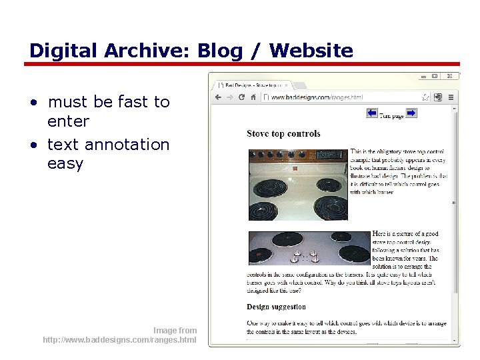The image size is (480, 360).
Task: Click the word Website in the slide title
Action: (311, 51)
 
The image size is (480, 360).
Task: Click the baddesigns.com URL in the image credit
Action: (119, 340)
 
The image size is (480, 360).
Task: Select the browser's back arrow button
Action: (218, 97)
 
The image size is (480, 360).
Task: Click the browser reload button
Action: (241, 97)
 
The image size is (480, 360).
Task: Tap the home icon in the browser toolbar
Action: (253, 97)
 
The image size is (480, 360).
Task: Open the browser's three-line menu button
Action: (451, 97)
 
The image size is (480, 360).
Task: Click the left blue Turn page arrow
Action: (372, 113)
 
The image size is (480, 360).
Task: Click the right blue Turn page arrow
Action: (411, 113)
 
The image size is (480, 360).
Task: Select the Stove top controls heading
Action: (283, 133)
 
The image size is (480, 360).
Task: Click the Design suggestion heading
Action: (276, 307)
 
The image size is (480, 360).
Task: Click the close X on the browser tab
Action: (287, 85)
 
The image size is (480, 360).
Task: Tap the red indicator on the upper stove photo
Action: (295, 169)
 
